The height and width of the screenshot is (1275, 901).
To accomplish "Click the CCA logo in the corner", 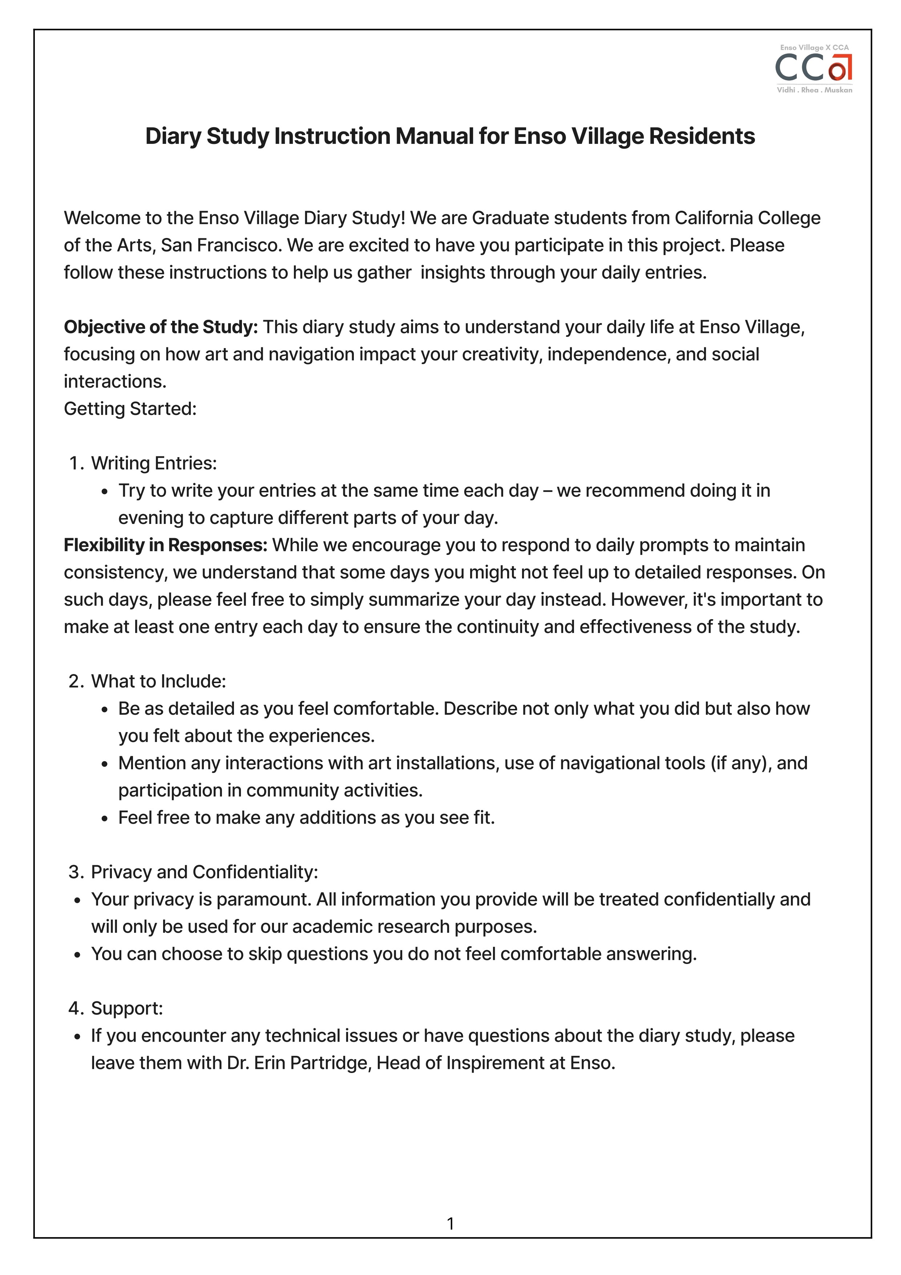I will (x=813, y=68).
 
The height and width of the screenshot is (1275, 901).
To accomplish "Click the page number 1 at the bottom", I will (x=450, y=1223).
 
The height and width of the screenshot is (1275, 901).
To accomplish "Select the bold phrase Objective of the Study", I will (x=161, y=327).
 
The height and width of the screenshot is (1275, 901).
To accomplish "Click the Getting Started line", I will (x=130, y=409).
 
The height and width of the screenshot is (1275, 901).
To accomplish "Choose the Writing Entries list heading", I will (x=154, y=463).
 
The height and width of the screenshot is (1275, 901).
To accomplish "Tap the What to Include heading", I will (x=158, y=681).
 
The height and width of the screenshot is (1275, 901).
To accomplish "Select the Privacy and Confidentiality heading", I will (x=204, y=872).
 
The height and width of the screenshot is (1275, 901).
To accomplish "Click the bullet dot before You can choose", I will (x=78, y=955).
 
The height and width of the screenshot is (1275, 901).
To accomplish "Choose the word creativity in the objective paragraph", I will (x=501, y=354).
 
